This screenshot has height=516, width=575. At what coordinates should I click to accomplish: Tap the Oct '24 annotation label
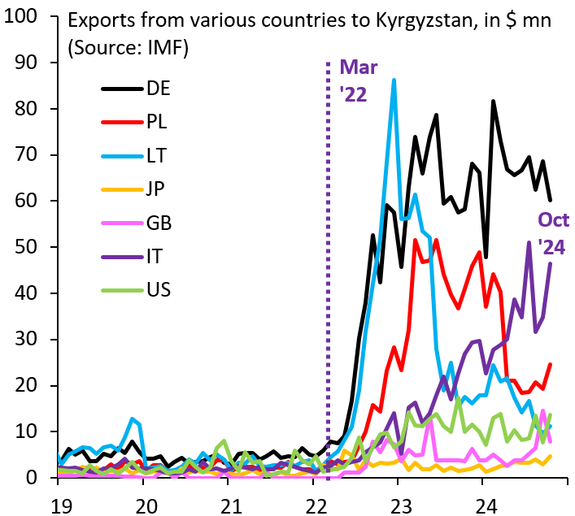click(551, 232)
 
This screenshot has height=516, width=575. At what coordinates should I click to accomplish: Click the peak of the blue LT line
click(394, 80)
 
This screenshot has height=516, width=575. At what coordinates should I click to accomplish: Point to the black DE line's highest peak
click(493, 102)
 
